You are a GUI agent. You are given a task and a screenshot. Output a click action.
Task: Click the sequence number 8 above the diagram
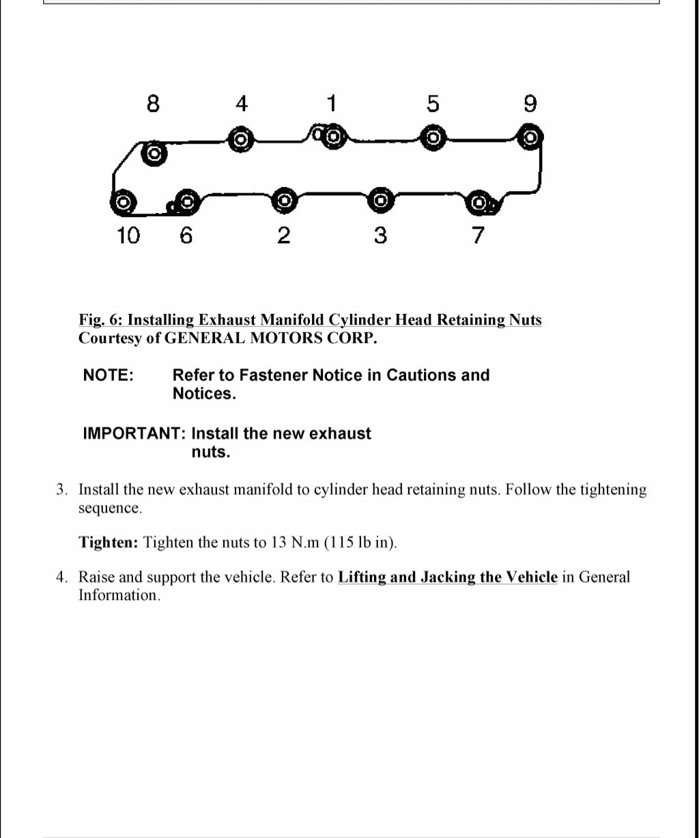pos(154,104)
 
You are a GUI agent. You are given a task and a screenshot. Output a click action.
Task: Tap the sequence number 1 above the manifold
pos(331,104)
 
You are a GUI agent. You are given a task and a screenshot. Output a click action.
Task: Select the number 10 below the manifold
pos(128,235)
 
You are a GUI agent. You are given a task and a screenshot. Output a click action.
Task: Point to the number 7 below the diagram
pos(478,235)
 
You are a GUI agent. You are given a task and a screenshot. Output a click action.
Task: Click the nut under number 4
pos(240,139)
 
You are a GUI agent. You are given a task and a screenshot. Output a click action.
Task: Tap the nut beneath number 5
pos(432,138)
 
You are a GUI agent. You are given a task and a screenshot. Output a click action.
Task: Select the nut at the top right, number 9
pos(529,137)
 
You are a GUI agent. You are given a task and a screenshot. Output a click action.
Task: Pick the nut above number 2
pos(285,201)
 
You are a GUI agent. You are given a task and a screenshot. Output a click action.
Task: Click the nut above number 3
pos(381,201)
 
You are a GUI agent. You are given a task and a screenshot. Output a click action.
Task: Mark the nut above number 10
pos(123,202)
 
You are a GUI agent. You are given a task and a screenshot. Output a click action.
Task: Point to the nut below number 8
pos(154,154)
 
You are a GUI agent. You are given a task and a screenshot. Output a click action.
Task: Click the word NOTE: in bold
pos(108,375)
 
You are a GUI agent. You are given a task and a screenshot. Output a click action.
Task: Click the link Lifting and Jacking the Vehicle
pos(447,577)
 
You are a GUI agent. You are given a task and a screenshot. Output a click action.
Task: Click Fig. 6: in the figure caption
pos(100,319)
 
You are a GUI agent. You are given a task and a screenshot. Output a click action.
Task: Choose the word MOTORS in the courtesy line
pos(281,338)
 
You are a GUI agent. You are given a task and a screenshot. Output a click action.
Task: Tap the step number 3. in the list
pos(62,490)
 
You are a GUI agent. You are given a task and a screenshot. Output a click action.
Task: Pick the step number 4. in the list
pos(62,577)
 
